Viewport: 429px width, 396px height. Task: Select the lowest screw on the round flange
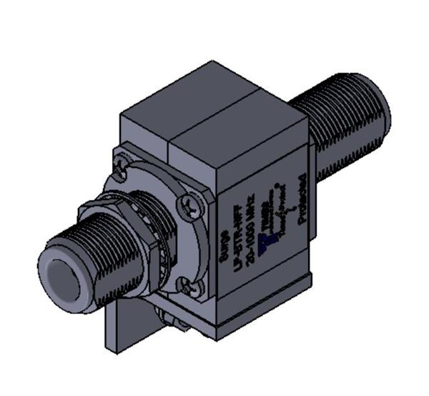coord(189,289)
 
